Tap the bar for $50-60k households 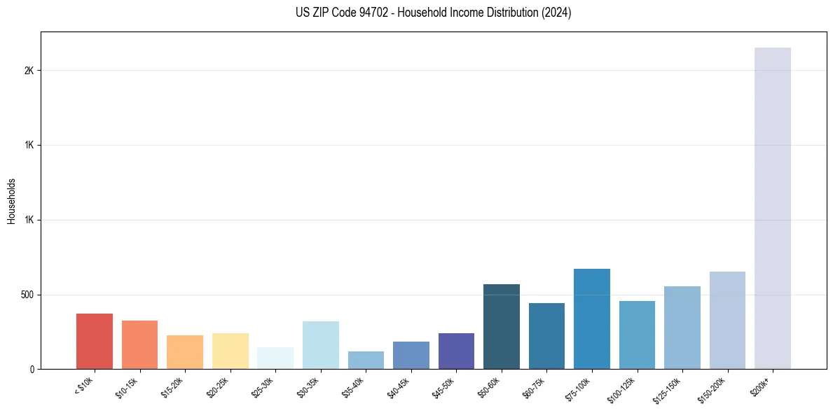pyautogui.click(x=502, y=326)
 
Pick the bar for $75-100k pyautogui.click(x=592, y=318)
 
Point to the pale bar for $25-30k pyautogui.click(x=275, y=358)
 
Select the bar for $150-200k pyautogui.click(x=727, y=320)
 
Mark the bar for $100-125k pyautogui.click(x=637, y=335)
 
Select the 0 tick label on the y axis pyautogui.click(x=32, y=369)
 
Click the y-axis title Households pyautogui.click(x=11, y=200)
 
